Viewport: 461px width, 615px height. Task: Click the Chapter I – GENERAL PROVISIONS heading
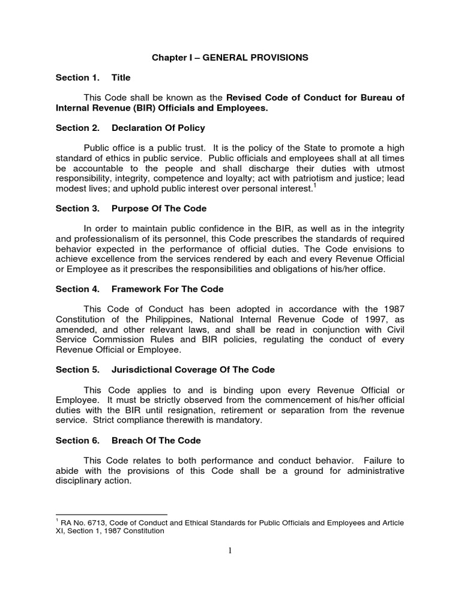[230, 58]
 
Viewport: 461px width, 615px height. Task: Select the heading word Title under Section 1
[121, 78]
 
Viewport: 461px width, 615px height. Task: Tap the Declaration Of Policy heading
[158, 128]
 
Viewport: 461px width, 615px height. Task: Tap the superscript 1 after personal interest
[315, 186]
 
